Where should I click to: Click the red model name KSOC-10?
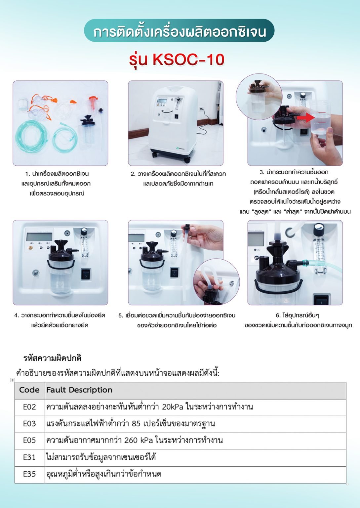tap(188, 60)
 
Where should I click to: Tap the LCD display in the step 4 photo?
tap(39, 237)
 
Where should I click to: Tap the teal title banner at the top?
tap(179, 30)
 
